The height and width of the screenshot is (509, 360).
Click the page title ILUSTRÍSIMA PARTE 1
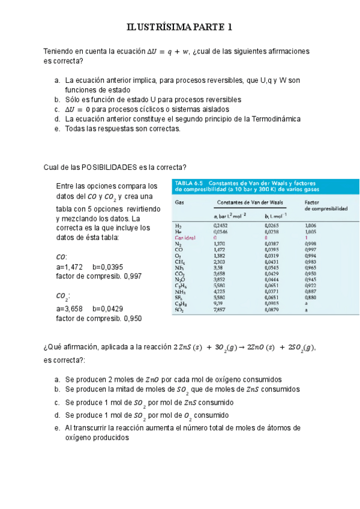coord(179,27)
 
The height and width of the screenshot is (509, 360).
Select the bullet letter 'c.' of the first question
coord(56,109)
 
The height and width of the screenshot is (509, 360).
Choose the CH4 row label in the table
coord(179,262)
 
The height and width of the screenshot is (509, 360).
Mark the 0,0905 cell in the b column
coord(272,304)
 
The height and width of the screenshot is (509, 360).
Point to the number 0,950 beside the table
coord(133,319)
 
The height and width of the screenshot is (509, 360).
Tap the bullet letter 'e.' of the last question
coord(56,428)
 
